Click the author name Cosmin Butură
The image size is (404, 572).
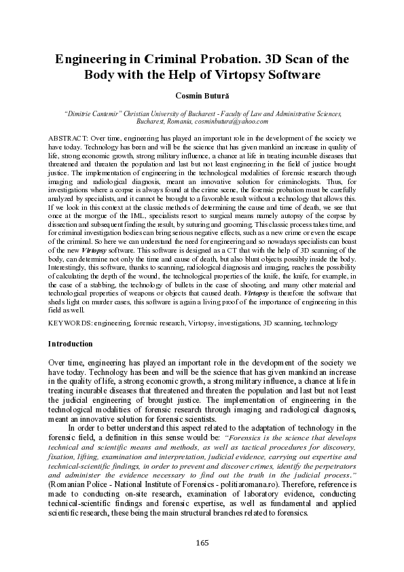202,95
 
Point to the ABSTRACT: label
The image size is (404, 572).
69,137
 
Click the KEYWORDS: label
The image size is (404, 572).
71,323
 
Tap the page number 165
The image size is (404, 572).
202,542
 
